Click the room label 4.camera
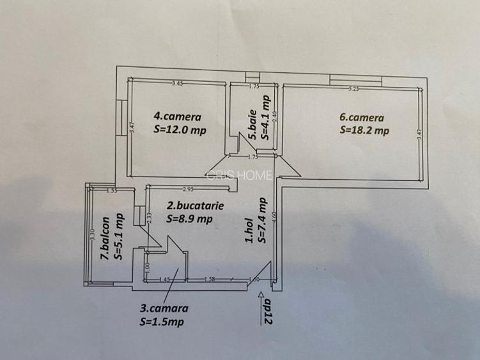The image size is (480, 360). [177, 117]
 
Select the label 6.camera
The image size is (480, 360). [362, 118]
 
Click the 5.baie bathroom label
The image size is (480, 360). [253, 128]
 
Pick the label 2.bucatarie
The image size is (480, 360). [190, 206]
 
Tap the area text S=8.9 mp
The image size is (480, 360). [189, 219]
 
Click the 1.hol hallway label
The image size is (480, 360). [251, 232]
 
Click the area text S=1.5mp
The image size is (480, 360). [161, 322]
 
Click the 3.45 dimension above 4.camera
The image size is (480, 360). [178, 84]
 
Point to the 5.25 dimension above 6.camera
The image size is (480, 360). [353, 89]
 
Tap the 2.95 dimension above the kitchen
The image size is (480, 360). [188, 189]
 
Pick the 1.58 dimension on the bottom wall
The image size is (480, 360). [208, 279]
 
